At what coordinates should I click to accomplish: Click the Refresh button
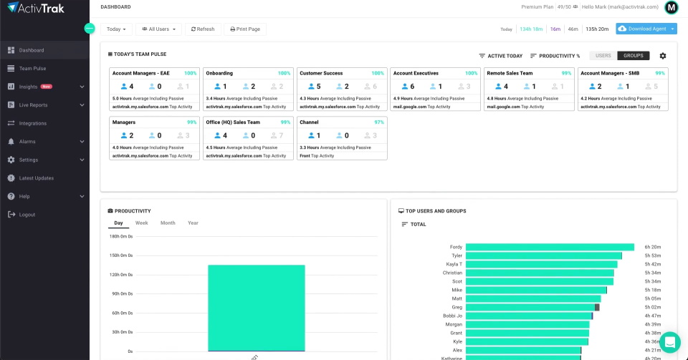pos(202,29)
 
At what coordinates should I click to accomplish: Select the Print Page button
pos(245,29)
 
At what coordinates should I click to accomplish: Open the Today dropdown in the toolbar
pos(117,29)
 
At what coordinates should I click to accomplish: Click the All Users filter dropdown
pos(158,29)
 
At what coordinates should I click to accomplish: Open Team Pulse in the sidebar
pos(32,69)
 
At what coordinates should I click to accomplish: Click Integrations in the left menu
pos(33,123)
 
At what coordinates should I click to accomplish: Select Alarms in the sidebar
pos(28,142)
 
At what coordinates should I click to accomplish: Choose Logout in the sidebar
pos(27,215)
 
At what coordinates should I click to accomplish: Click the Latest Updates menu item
pos(36,178)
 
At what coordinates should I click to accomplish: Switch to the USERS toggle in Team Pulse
pos(603,56)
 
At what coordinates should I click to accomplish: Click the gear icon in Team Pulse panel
pos(662,56)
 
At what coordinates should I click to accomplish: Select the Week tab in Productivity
pos(142,223)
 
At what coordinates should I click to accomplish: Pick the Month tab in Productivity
pos(168,223)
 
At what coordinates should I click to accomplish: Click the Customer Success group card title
pos(321,73)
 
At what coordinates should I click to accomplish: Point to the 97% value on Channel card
pos(379,122)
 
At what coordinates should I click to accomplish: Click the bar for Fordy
pos(550,247)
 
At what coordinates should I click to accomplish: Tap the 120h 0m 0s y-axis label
pos(120,274)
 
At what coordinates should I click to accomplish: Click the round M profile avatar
pos(672,8)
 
